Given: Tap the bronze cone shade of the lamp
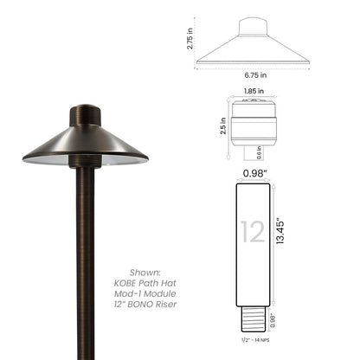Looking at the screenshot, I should click(x=85, y=145).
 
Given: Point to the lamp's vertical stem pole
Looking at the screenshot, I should click(x=86, y=260).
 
